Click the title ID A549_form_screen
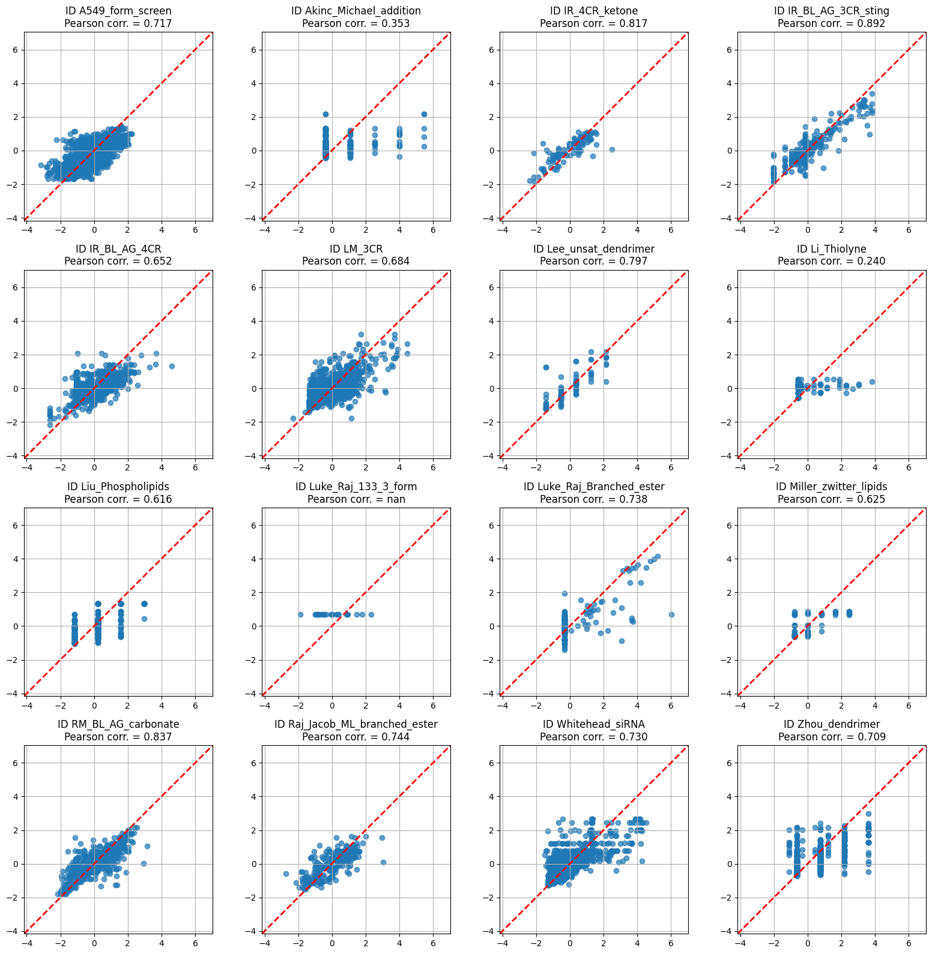click(x=118, y=11)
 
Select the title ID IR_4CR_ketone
click(x=593, y=11)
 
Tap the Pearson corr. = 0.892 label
click(x=831, y=23)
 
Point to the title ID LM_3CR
click(x=356, y=248)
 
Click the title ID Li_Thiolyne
click(x=831, y=248)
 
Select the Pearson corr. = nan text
click(x=356, y=499)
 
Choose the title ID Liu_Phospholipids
click(x=118, y=486)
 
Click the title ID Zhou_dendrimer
click(x=831, y=724)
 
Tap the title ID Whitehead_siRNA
click(x=593, y=724)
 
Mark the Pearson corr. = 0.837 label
click(x=118, y=737)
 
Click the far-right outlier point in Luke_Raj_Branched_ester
click(x=671, y=614)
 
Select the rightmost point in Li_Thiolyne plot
click(x=872, y=382)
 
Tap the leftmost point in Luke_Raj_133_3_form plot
click(x=300, y=614)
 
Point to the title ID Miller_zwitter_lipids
click(x=831, y=486)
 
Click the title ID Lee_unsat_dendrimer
click(x=593, y=248)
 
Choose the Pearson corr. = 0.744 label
click(x=356, y=737)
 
